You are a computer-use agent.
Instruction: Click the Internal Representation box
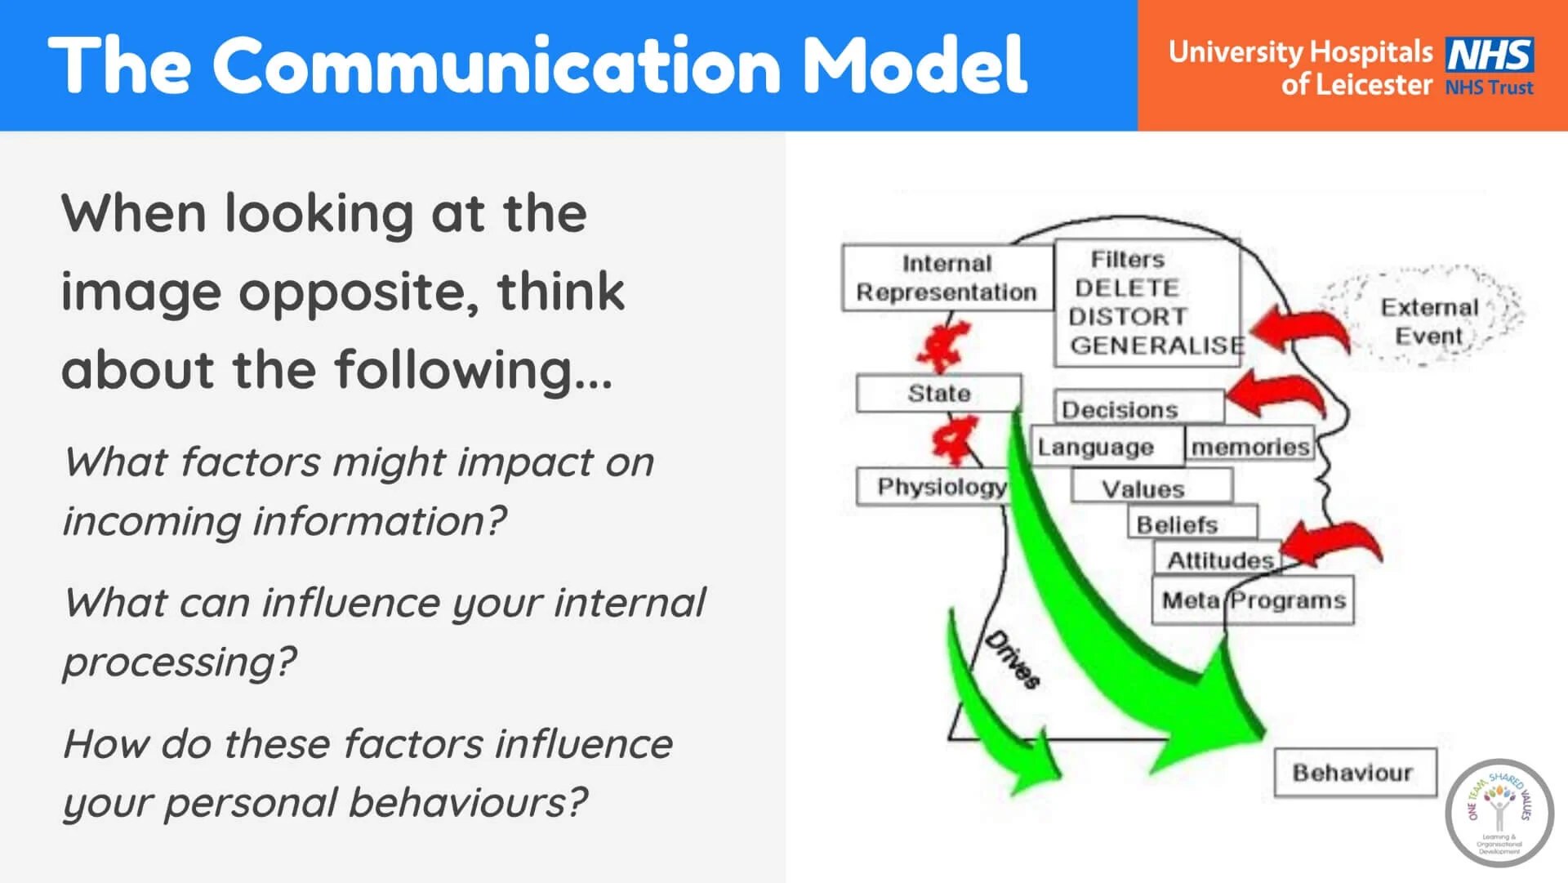pyautogui.click(x=946, y=278)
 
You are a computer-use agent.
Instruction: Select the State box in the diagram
pyautogui.click(x=938, y=394)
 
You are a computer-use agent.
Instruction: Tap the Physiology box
pyautogui.click(x=939, y=487)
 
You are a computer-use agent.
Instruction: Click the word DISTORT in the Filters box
pyautogui.click(x=1127, y=317)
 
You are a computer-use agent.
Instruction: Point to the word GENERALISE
pyautogui.click(x=1156, y=346)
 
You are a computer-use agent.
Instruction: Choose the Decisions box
pyautogui.click(x=1137, y=408)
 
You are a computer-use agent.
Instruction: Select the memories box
pyautogui.click(x=1249, y=447)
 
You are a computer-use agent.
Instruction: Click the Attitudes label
pyautogui.click(x=1220, y=560)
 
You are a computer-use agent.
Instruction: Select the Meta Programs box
pyautogui.click(x=1253, y=600)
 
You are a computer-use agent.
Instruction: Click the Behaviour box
pyautogui.click(x=1353, y=772)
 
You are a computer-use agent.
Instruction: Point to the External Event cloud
pyautogui.click(x=1428, y=321)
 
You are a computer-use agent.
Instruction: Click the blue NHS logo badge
pyautogui.click(x=1489, y=56)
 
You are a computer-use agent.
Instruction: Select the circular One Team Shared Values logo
pyautogui.click(x=1499, y=813)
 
